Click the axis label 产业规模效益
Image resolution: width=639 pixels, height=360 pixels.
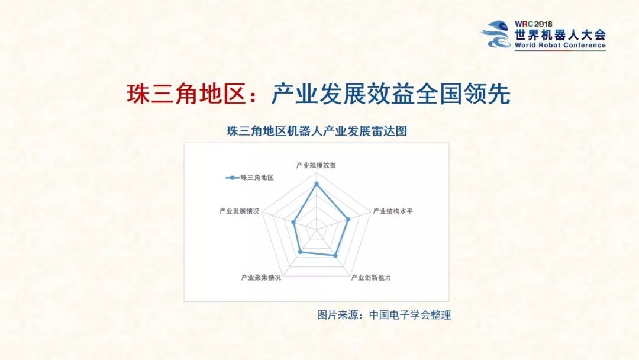pyautogui.click(x=316, y=165)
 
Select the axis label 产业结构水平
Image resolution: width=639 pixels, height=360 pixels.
pyautogui.click(x=392, y=211)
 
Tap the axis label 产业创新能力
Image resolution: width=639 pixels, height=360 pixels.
pyautogui.click(x=371, y=277)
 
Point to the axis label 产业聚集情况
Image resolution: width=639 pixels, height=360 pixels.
pyautogui.click(x=261, y=277)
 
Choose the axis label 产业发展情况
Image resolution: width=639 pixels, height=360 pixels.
pyautogui.click(x=239, y=211)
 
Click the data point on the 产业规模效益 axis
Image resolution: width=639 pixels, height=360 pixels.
pyautogui.click(x=317, y=184)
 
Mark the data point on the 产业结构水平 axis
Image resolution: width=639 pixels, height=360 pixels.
pyautogui.click(x=348, y=220)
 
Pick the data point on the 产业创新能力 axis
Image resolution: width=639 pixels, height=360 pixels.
pyautogui.click(x=335, y=256)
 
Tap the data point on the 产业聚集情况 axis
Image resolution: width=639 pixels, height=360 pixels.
pyautogui.click(x=300, y=252)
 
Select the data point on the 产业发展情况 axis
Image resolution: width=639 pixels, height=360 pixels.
pyautogui.click(x=293, y=223)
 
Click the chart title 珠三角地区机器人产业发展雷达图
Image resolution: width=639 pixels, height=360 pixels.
pyautogui.click(x=317, y=131)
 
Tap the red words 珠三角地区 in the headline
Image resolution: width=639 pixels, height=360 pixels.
pyautogui.click(x=185, y=94)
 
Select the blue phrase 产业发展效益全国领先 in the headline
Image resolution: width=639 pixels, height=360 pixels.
pyautogui.click(x=390, y=94)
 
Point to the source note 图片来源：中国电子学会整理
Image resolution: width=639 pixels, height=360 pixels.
pyautogui.click(x=384, y=315)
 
